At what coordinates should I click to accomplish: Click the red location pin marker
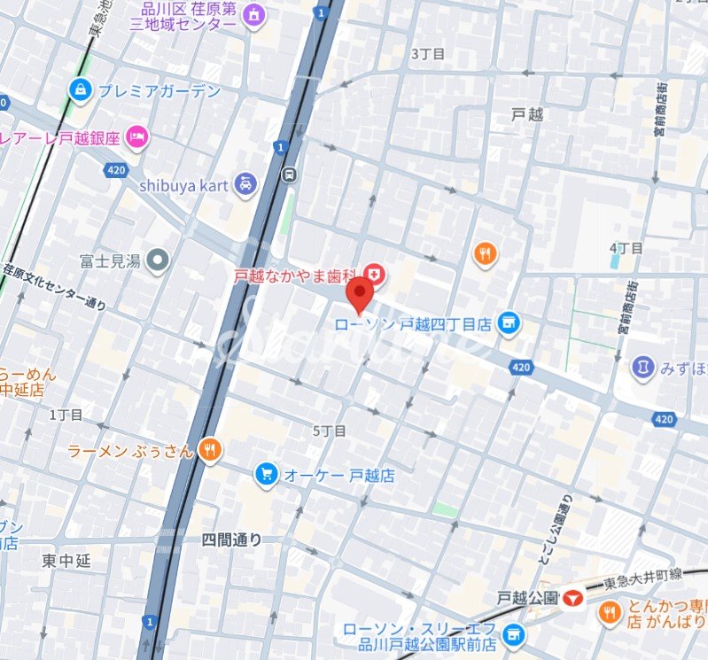[x=359, y=294]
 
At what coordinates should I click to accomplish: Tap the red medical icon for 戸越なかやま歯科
[x=376, y=276]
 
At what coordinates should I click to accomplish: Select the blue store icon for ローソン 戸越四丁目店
[x=508, y=324]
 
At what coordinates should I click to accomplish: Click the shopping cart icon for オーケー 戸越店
[x=265, y=475]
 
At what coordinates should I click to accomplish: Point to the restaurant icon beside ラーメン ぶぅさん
[x=209, y=451]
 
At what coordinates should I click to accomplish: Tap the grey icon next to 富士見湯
[x=158, y=260]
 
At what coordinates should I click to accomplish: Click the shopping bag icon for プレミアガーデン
[x=81, y=89]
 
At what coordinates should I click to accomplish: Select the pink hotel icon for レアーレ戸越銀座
[x=137, y=137]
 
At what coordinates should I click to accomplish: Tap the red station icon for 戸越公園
[x=574, y=599]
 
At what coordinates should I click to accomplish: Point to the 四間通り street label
[x=232, y=539]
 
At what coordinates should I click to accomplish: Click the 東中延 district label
[x=66, y=561]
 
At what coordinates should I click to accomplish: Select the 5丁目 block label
[x=330, y=431]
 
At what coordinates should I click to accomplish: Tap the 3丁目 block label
[x=426, y=53]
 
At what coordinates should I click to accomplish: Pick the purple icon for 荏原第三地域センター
[x=255, y=15]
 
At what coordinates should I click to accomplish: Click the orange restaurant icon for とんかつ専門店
[x=609, y=611]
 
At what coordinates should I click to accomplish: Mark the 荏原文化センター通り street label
[x=55, y=288]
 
